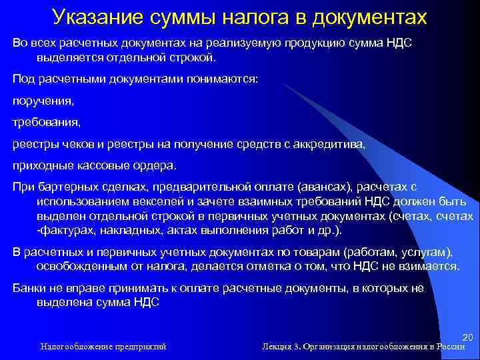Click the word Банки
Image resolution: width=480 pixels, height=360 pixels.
coord(30,288)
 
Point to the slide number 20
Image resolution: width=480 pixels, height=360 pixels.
coord(467,338)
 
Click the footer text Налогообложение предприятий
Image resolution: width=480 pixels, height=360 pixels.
coord(103,347)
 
